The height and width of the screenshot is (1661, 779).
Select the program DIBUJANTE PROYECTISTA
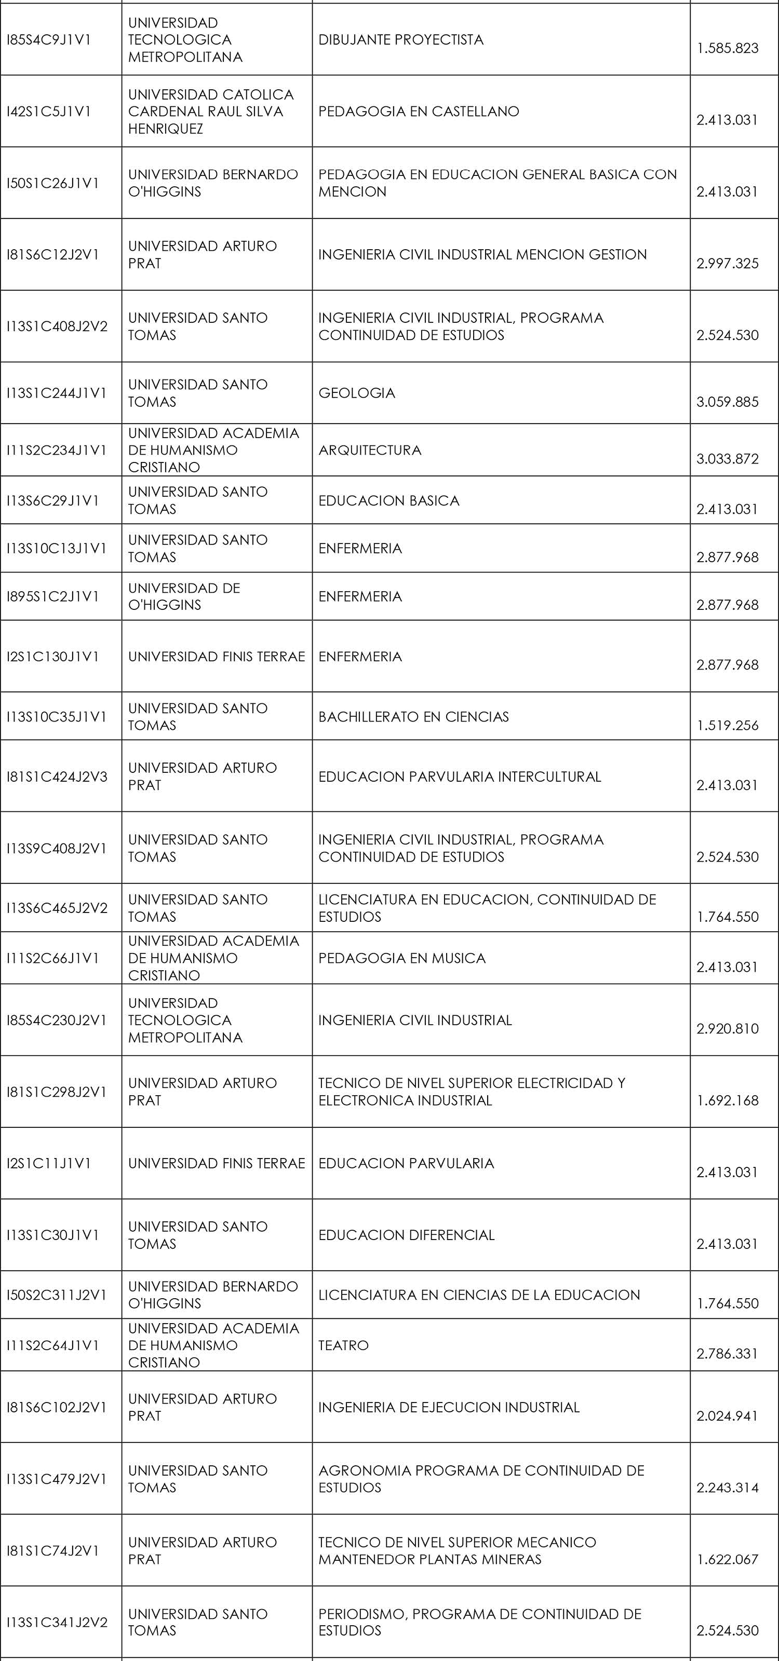point(400,40)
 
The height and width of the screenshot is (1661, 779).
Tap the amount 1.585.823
point(728,48)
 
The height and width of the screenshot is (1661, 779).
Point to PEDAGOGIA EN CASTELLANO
point(419,112)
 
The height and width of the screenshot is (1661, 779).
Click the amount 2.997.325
point(728,263)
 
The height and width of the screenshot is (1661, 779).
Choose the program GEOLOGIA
point(357,393)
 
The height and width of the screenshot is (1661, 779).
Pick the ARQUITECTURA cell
point(370,450)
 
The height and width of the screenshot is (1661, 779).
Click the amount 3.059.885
point(728,402)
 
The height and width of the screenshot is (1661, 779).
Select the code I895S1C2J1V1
point(53,596)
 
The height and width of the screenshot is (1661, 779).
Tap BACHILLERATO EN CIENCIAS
point(413,716)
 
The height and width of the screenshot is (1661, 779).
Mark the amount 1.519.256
point(728,726)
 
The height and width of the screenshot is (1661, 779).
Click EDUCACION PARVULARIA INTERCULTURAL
point(459,777)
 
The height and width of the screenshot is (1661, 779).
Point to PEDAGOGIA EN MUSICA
point(402,958)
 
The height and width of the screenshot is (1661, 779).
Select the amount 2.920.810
point(728,1028)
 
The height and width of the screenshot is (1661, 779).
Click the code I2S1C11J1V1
point(49,1163)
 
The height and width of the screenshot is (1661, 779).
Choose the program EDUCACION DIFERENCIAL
point(406,1235)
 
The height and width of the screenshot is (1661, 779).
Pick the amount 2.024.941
point(728,1416)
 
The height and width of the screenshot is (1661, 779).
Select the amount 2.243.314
point(728,1488)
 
